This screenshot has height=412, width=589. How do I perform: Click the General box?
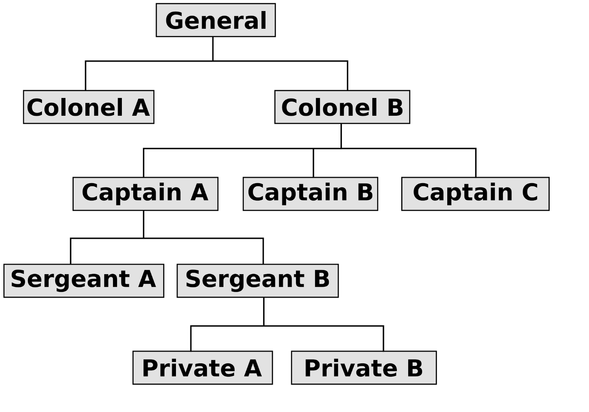(x=215, y=20)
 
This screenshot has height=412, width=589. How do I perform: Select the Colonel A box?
(x=88, y=107)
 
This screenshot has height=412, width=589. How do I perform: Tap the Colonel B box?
(x=342, y=107)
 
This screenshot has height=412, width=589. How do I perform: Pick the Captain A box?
(x=145, y=194)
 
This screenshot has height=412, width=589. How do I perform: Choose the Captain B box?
(x=310, y=194)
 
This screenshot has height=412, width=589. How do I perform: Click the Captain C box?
(x=475, y=194)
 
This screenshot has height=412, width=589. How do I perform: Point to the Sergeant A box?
(x=84, y=280)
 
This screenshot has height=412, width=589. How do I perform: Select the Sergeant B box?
(x=257, y=280)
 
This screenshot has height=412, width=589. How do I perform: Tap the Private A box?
(x=202, y=367)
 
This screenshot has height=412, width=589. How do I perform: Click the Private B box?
(x=364, y=367)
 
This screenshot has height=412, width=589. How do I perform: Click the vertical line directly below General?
(x=213, y=49)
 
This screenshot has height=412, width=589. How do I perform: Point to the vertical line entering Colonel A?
(x=86, y=76)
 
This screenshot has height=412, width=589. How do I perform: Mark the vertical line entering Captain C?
(x=476, y=163)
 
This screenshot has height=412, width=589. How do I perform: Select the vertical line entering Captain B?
(x=313, y=163)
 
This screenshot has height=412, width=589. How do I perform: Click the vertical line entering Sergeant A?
(x=71, y=251)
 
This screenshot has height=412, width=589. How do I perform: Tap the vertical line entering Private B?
(x=383, y=338)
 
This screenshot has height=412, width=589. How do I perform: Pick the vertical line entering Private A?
(x=191, y=338)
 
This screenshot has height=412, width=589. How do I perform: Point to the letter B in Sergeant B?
(x=321, y=279)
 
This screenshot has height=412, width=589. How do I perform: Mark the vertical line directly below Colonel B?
(x=341, y=136)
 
